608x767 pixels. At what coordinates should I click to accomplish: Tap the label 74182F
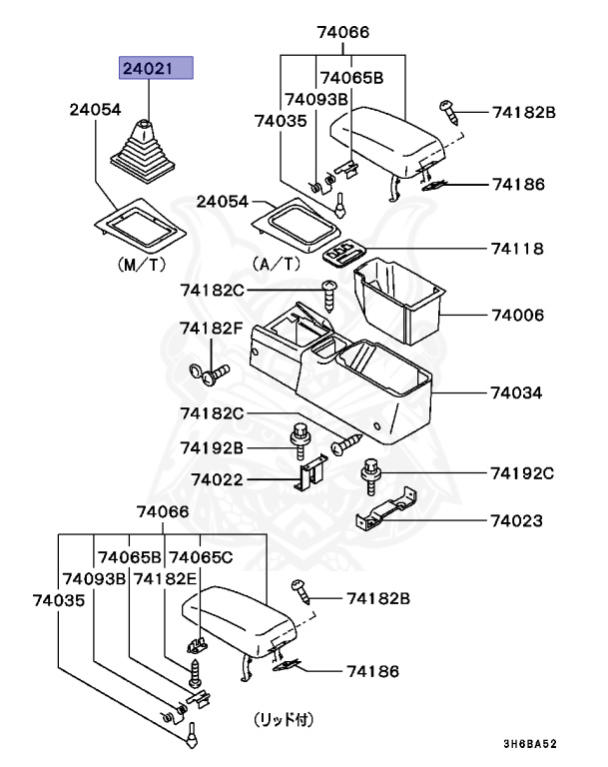tap(211, 329)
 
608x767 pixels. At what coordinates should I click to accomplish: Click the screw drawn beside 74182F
tap(212, 376)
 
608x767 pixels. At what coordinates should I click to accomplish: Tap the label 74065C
tap(201, 556)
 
